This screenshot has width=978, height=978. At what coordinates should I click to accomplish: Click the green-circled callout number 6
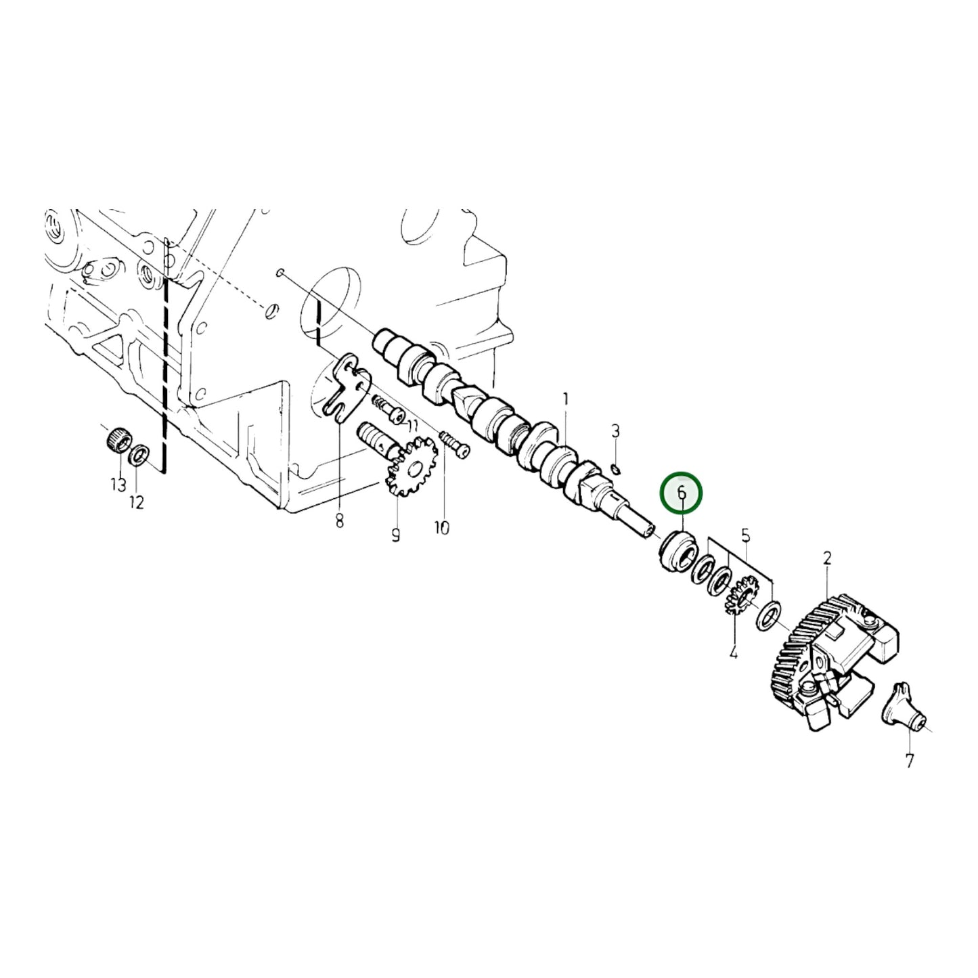[682, 493]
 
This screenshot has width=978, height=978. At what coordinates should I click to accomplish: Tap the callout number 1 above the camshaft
[566, 400]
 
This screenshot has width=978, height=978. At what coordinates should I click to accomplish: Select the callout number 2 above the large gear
[827, 558]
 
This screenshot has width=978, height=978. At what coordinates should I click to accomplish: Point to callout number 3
[615, 430]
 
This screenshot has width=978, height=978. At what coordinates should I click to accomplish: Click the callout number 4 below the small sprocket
[733, 652]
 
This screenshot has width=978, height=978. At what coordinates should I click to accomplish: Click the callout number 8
[339, 520]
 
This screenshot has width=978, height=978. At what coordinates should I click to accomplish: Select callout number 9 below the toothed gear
[395, 535]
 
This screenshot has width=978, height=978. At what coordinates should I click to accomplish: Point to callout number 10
[441, 528]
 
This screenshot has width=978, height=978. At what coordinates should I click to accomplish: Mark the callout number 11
[412, 425]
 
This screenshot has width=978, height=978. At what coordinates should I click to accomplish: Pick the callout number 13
[118, 484]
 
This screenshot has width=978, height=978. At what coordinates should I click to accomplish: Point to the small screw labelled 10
[453, 444]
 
